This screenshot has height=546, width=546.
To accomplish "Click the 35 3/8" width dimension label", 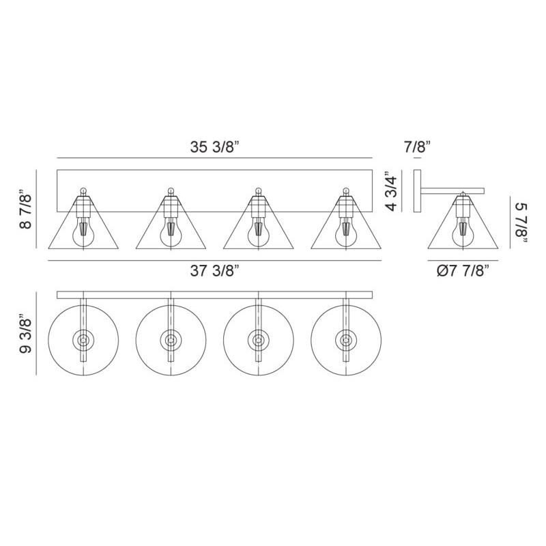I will (214, 145).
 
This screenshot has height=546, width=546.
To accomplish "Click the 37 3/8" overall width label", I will (214, 271).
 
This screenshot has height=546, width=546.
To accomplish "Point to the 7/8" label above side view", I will (417, 145).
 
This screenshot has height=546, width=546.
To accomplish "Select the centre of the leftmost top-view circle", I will (83, 340).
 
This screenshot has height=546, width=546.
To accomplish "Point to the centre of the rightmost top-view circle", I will (345, 340).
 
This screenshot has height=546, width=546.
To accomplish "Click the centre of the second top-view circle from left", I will (171, 340).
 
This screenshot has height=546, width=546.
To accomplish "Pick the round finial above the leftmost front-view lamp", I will (83, 191).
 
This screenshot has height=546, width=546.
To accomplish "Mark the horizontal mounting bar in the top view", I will (214, 295).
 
